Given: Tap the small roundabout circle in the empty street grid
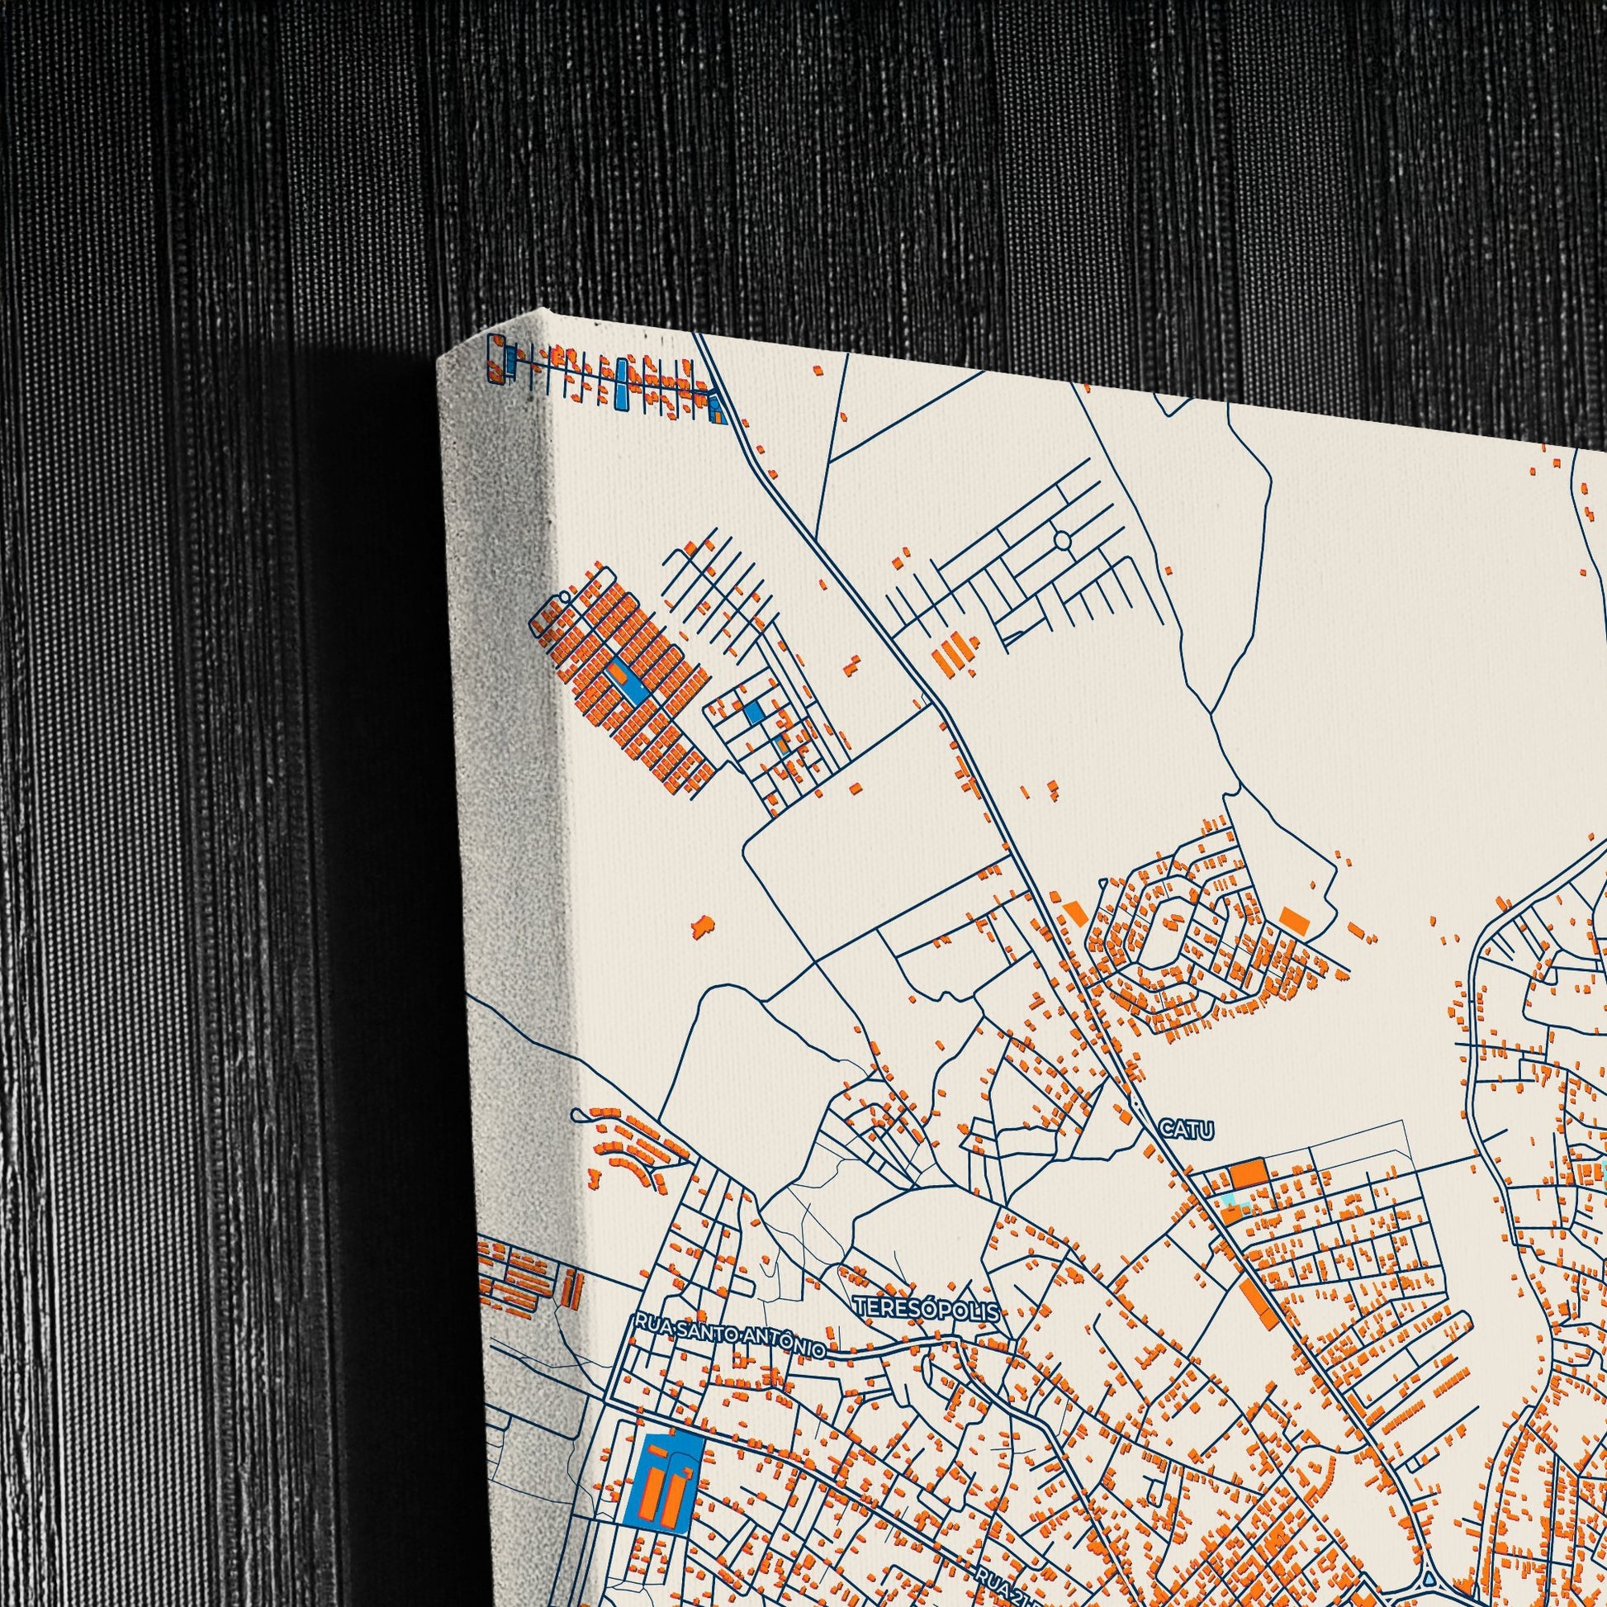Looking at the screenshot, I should pyautogui.click(x=1061, y=541).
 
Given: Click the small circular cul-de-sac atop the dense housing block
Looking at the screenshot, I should pyautogui.click(x=566, y=596).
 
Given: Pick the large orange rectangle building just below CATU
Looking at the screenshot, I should pyautogui.click(x=1249, y=1174).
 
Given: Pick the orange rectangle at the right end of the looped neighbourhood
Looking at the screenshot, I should pyautogui.click(x=1294, y=921).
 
